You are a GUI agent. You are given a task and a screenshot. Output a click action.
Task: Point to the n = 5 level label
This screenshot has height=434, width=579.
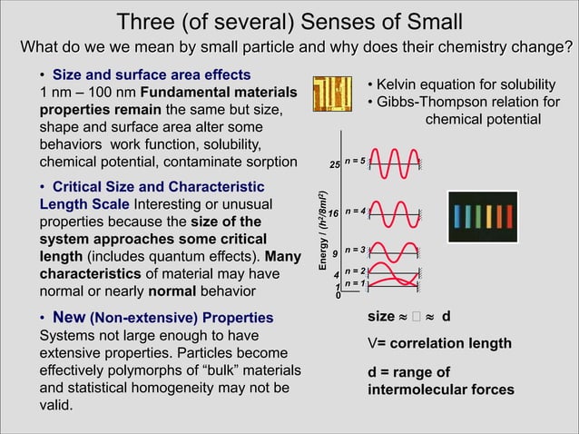(355, 162)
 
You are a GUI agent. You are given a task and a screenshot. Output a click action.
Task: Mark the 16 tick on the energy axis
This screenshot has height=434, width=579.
(333, 213)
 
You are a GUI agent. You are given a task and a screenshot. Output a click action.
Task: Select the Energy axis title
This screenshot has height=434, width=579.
(322, 231)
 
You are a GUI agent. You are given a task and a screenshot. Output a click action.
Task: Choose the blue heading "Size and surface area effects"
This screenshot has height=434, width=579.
(152, 74)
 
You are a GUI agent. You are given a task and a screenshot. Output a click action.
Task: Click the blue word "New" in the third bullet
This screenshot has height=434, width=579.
(70, 317)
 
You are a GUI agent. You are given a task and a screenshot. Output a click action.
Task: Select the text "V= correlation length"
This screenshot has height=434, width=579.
(438, 344)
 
